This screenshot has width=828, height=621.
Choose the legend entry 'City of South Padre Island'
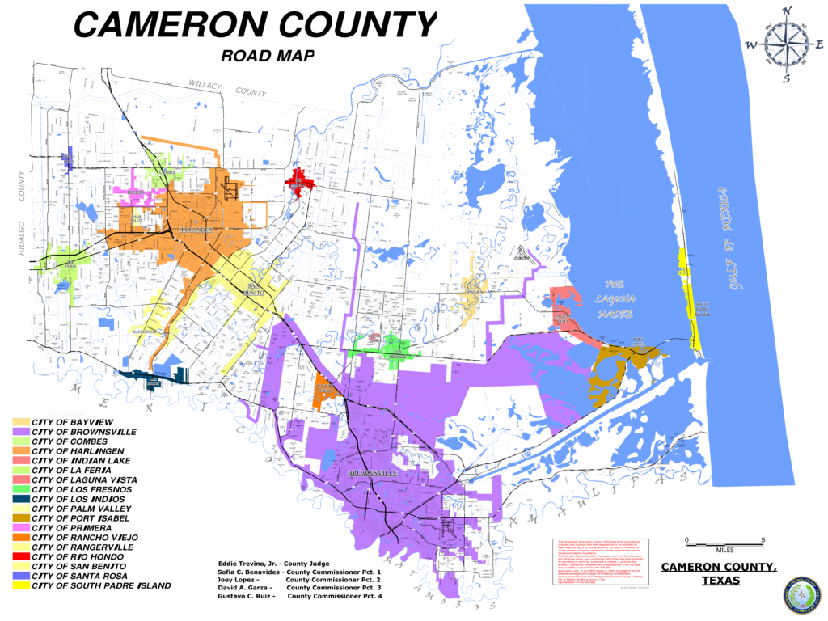(101, 585)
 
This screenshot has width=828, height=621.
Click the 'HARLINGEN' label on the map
(196, 231)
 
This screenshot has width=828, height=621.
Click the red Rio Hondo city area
(299, 180)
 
